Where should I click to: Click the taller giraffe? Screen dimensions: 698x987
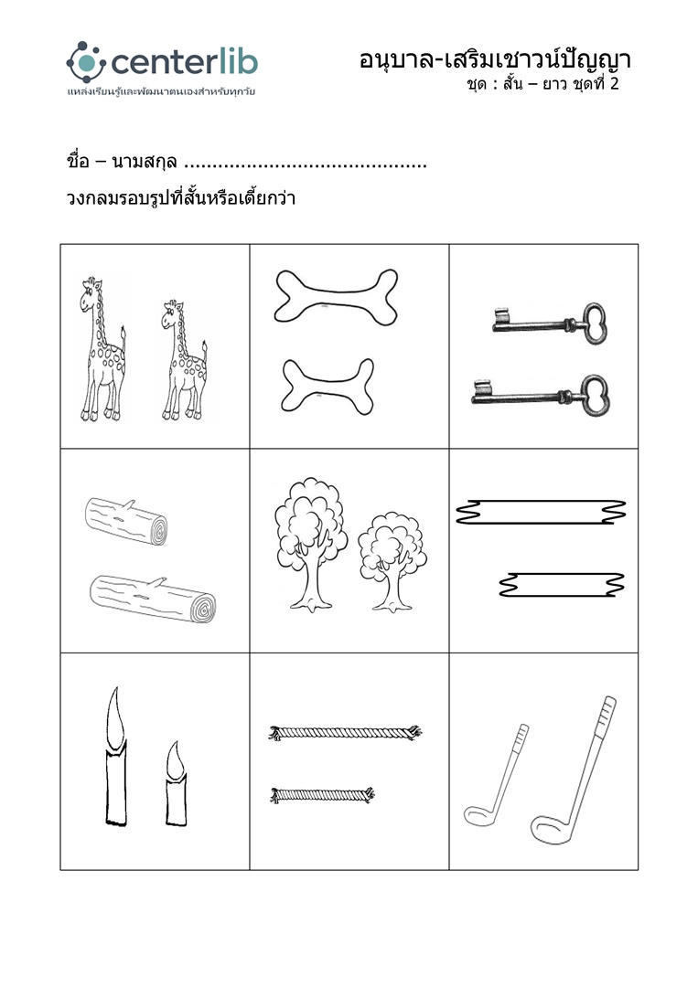pos(102,349)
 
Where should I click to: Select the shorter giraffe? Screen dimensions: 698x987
pos(185,362)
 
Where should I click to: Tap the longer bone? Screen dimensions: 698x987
pos(336,297)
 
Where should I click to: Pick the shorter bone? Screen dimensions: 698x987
pos(328,387)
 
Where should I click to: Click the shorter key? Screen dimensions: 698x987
pos(549,324)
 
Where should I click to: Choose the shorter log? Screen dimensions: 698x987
pos(126,521)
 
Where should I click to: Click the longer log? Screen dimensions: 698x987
pos(153,599)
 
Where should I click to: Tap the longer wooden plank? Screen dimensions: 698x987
pos(542,512)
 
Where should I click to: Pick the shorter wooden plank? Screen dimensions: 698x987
pos(562,585)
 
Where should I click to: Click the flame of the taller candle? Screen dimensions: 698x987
pos(115,718)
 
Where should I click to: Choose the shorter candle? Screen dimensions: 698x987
pos(176,783)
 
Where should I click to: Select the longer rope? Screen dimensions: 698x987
pos(345,733)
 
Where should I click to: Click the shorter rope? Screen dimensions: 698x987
pos(322,795)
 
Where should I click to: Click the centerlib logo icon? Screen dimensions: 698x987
pos(86,62)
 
